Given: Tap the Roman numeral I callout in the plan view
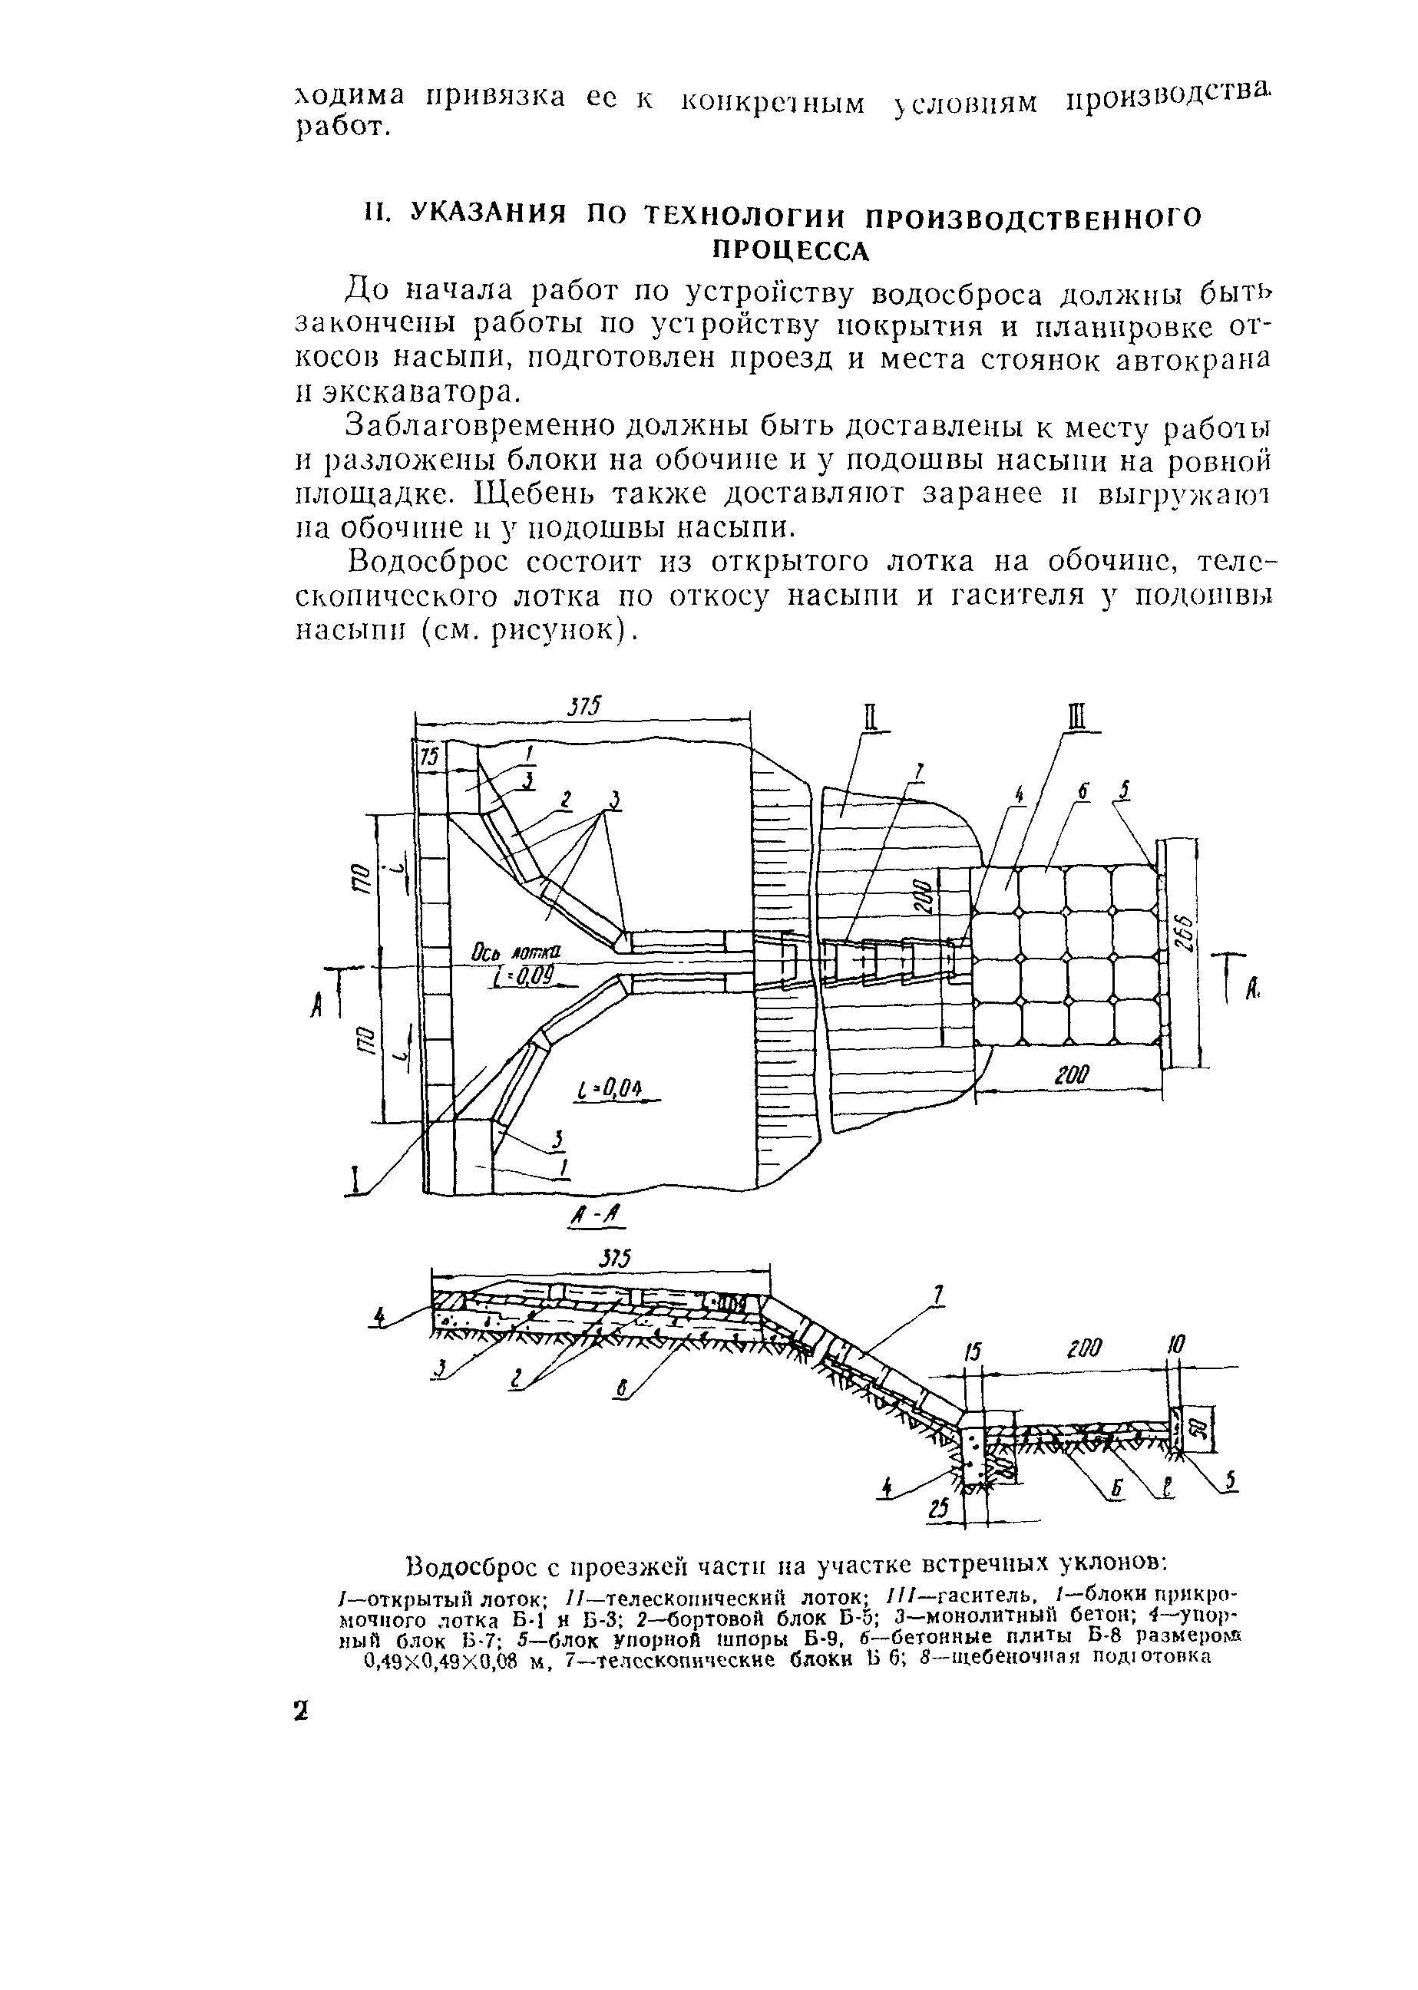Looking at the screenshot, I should (355, 1182).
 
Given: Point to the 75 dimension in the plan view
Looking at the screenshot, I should (428, 757).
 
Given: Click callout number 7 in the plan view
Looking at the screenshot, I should (917, 771).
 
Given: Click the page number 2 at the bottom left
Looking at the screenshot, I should (300, 1711).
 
